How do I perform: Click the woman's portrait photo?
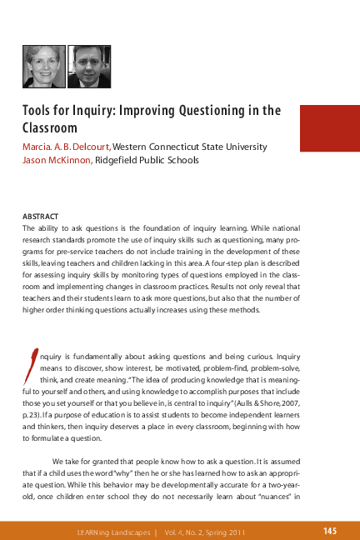click(x=43, y=67)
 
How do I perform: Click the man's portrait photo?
click(x=88, y=67)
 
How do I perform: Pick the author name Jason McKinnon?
click(x=57, y=160)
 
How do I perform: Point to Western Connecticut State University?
click(x=190, y=147)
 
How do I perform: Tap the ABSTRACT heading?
click(x=40, y=214)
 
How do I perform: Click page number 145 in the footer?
click(x=329, y=530)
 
